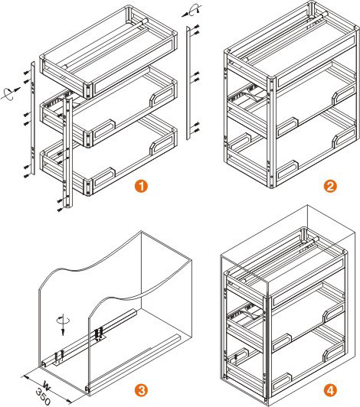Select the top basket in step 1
coord(107,50)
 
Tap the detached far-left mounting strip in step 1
coord(29,122)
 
